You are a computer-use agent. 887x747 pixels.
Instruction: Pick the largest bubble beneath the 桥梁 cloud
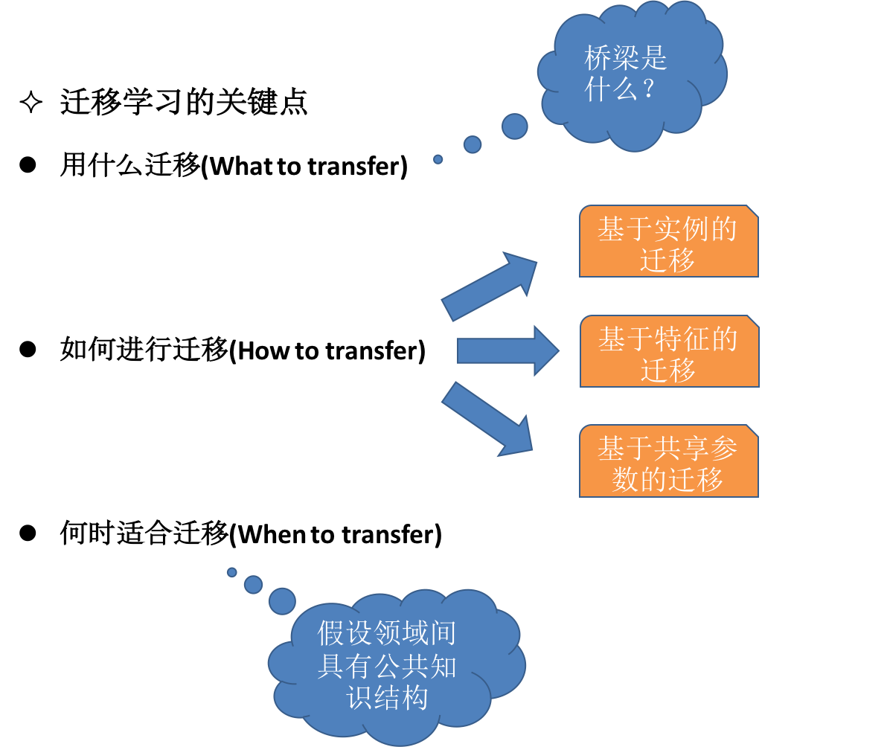click(514, 126)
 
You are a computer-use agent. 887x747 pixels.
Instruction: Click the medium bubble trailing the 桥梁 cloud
click(473, 144)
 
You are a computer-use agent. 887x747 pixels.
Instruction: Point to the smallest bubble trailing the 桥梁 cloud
click(438, 159)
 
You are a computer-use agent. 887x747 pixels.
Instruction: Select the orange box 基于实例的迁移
click(668, 242)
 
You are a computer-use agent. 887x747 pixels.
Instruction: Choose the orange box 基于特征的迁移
click(669, 352)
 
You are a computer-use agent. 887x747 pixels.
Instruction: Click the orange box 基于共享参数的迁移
click(668, 462)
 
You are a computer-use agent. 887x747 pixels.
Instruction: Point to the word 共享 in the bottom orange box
click(668, 449)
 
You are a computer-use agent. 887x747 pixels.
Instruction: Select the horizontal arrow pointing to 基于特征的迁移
click(507, 350)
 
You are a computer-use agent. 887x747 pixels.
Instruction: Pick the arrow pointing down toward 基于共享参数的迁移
click(487, 418)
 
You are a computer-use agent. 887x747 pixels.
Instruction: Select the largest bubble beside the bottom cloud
click(282, 600)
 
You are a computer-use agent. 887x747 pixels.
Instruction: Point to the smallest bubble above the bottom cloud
click(232, 572)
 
